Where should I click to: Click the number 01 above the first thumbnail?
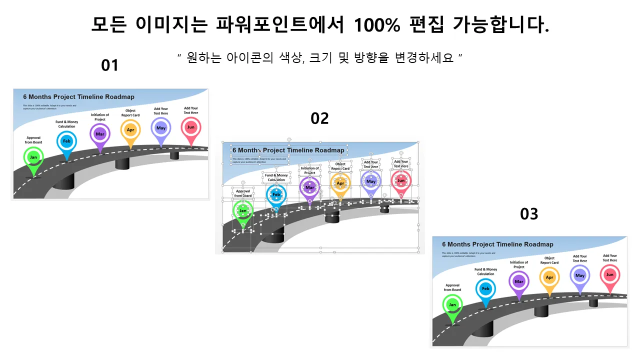(109, 65)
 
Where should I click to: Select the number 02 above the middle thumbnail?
(319, 118)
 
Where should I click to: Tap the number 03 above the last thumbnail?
(529, 214)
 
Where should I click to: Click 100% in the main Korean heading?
(376, 24)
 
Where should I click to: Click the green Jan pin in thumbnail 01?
(33, 157)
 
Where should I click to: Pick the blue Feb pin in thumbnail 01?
(66, 141)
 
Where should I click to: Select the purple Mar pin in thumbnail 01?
(100, 134)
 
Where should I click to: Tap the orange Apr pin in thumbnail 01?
(130, 130)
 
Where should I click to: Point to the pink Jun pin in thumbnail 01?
(190, 127)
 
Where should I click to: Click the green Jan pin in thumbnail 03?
(452, 304)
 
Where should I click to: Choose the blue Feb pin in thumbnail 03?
(485, 288)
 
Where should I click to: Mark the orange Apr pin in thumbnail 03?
(549, 277)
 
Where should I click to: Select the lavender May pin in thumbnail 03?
(580, 275)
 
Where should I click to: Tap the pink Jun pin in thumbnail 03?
(610, 274)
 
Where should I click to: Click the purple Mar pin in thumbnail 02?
(309, 187)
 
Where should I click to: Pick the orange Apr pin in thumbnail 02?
(340, 183)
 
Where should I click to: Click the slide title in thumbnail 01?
(78, 97)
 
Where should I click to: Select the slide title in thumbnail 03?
(497, 244)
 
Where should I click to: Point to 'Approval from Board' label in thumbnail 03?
(452, 287)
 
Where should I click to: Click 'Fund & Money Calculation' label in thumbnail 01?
(66, 124)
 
